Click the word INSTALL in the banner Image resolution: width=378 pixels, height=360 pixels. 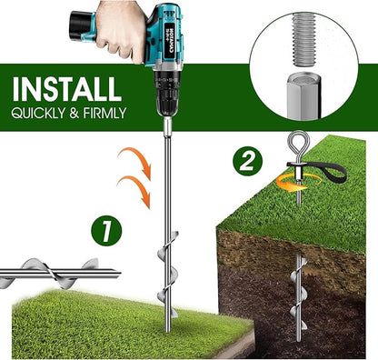tap(67, 89)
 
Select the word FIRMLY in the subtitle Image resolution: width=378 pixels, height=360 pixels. tap(104, 113)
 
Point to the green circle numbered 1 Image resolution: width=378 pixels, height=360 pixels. tap(106, 231)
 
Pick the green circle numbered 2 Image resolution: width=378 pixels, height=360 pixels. tap(247, 162)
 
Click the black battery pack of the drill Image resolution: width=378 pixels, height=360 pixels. tap(80, 25)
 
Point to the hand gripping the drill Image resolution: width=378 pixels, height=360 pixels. tap(120, 29)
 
